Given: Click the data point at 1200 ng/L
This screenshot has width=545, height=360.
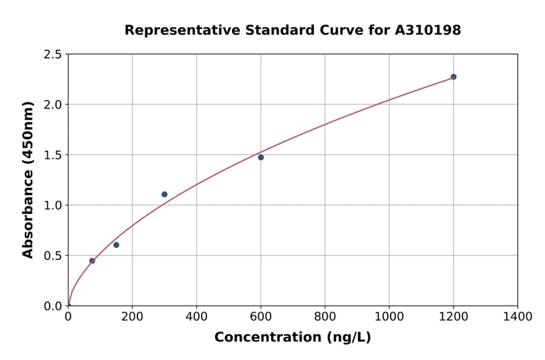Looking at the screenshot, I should (453, 77).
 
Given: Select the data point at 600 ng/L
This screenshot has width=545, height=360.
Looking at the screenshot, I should (261, 158).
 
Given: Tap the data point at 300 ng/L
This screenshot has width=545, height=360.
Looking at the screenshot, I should (165, 195).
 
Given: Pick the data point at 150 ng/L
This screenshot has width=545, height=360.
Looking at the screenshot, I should (116, 245).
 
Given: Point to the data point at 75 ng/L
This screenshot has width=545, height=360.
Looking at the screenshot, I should (92, 261).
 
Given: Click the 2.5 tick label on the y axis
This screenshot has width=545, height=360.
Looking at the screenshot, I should (53, 55).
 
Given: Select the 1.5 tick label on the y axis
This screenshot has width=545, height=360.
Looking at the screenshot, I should (53, 155).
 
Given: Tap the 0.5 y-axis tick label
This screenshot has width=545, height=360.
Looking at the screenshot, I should (53, 256).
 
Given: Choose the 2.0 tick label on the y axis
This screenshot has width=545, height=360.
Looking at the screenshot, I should (53, 105).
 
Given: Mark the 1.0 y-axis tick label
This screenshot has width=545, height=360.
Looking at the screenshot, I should (53, 205).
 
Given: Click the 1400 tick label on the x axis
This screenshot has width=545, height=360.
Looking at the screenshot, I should (518, 316).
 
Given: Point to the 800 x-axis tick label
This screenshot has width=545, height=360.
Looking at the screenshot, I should (325, 316).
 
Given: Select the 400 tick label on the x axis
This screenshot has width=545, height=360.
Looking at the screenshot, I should (196, 316).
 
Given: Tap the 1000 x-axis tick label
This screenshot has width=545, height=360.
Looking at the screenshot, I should (389, 316).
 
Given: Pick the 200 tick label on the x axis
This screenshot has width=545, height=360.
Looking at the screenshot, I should (132, 316).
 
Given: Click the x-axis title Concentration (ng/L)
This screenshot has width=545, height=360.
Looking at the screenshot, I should (292, 338).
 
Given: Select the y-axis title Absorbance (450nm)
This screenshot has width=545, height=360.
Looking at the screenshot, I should (28, 179).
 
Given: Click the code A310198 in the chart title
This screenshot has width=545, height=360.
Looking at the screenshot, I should (428, 30).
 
